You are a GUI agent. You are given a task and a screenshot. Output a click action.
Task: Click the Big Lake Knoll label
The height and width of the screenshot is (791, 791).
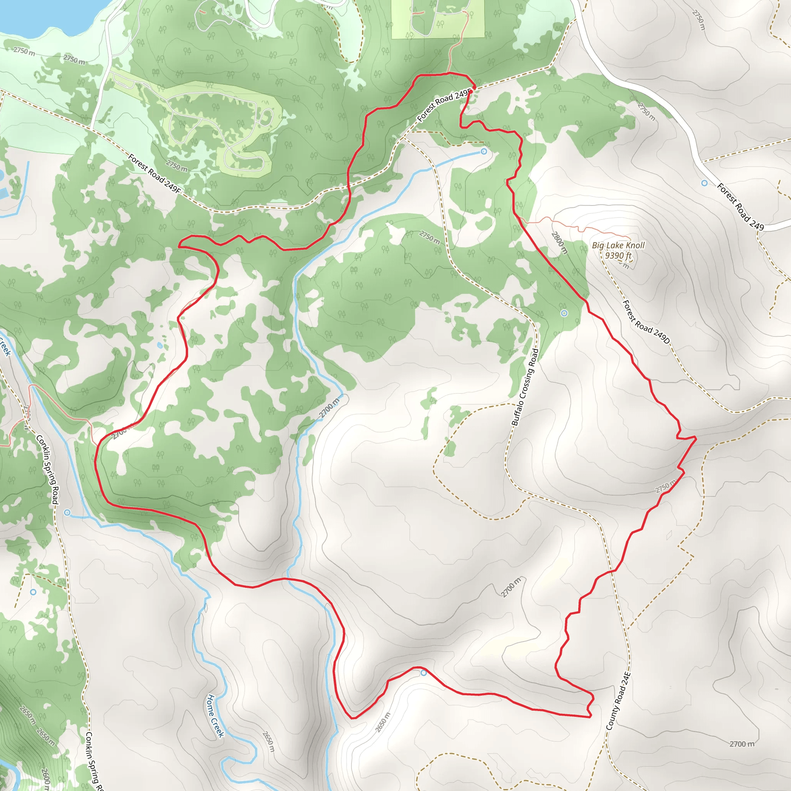[x=618, y=245]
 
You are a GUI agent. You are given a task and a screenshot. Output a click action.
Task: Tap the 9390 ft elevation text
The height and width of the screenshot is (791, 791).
[x=618, y=255]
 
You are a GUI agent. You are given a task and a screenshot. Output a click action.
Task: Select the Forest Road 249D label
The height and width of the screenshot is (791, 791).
[x=646, y=322]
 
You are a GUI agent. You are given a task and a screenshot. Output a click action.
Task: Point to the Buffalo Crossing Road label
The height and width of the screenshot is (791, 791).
[x=525, y=387]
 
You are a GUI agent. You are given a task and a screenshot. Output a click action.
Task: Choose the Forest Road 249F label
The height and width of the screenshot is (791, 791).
[x=154, y=173]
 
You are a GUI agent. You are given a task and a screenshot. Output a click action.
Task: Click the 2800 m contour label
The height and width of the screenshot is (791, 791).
[x=559, y=243]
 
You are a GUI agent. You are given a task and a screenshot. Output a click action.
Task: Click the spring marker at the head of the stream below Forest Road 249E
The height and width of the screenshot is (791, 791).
[x=484, y=151]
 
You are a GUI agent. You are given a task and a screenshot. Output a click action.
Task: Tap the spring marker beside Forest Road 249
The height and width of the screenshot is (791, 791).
[x=704, y=183]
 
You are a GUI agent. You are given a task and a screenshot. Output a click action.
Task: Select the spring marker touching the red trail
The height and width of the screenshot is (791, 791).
[x=424, y=673]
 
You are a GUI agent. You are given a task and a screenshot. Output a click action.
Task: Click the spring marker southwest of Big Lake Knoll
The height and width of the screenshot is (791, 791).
[x=564, y=313]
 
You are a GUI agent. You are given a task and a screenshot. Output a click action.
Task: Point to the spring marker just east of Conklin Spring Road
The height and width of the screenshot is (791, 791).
[x=67, y=513]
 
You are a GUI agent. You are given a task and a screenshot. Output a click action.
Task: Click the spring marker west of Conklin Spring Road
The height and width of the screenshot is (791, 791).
[x=33, y=592]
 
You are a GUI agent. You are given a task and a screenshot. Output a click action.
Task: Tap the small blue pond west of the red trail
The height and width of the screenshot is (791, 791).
[x=160, y=346]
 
